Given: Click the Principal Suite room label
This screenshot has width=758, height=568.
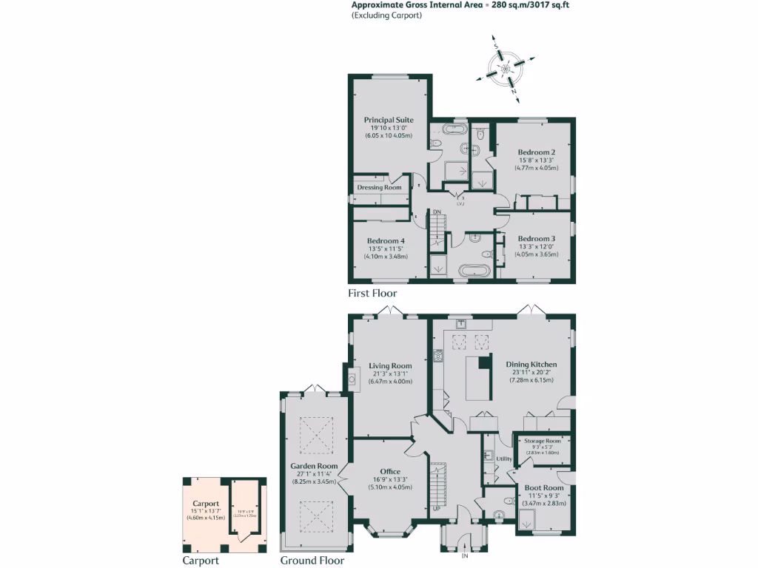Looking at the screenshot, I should coord(389,120).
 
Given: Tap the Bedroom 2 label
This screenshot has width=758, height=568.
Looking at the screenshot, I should coord(537,152).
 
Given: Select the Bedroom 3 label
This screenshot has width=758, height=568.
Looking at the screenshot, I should coord(537,239).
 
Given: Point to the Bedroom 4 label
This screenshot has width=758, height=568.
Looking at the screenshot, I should coord(386,241).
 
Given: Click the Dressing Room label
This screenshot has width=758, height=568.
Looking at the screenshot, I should coord(379,188).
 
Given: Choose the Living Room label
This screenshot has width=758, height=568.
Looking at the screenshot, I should coord(390,366).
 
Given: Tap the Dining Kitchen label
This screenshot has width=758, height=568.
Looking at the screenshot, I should coord(531,365).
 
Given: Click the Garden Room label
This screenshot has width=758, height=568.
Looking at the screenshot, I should coord(309,466).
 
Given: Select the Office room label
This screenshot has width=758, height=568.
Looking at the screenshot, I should coord(390,472).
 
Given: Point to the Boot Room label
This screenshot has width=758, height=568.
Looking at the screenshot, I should coord(544,488).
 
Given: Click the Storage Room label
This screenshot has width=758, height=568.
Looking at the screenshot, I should coord(543,441).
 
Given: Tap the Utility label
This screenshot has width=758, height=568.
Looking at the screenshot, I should coord(504,459).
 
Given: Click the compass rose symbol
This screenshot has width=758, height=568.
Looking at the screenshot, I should coord(506,70).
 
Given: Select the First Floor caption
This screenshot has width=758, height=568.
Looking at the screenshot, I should coord(372,294).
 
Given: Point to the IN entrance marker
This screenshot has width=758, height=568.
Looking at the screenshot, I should coord(465,555).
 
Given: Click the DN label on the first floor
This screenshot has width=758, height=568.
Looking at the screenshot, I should coord(437,213).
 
